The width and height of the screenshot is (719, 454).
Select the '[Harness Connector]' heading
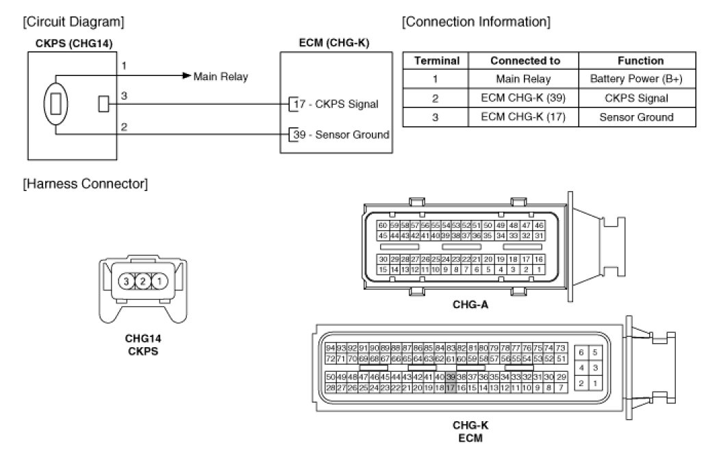tap(85, 184)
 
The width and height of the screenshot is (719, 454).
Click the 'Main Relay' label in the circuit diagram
tap(220, 76)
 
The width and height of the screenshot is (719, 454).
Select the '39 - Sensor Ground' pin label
tap(340, 134)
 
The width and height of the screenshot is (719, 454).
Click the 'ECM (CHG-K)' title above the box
tap(335, 43)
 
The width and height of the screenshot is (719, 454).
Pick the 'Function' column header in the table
tap(640, 60)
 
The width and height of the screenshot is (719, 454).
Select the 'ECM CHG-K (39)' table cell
tap(525, 98)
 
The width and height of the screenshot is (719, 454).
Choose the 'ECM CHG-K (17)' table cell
tap(525, 116)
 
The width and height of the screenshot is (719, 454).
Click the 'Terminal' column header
tap(436, 60)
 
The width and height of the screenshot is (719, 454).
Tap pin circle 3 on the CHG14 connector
tap(125, 281)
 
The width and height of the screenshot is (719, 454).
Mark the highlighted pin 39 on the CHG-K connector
tap(451, 377)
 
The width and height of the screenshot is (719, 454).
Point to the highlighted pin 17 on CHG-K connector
tap(450, 388)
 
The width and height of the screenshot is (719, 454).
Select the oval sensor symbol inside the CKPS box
tap(56, 104)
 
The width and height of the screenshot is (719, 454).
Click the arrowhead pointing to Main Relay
tap(186, 76)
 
